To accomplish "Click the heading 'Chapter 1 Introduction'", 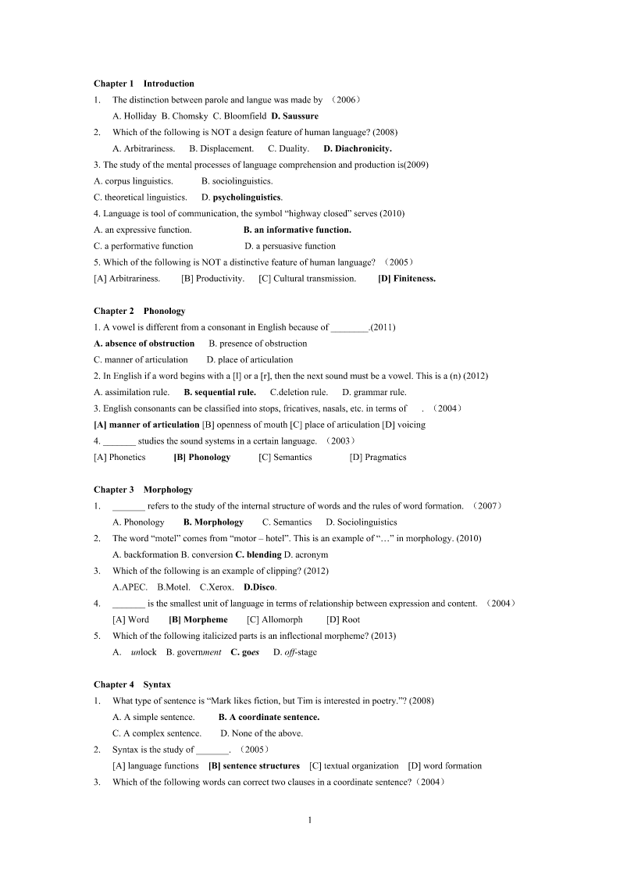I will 144,84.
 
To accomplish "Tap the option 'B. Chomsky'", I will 184,116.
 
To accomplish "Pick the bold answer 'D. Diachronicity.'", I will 358,148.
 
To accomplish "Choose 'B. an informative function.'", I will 298,230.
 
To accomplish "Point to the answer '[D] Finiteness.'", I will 407,279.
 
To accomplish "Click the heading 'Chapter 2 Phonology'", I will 139,311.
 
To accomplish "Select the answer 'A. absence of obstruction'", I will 144,344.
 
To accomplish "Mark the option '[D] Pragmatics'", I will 378,458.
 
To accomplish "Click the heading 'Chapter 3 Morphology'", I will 143,490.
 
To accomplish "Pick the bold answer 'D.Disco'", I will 259,587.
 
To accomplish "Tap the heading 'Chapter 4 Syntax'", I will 132,685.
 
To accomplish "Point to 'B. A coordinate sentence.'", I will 269,717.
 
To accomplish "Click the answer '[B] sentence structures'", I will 254,766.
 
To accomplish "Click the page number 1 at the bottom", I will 310,820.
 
